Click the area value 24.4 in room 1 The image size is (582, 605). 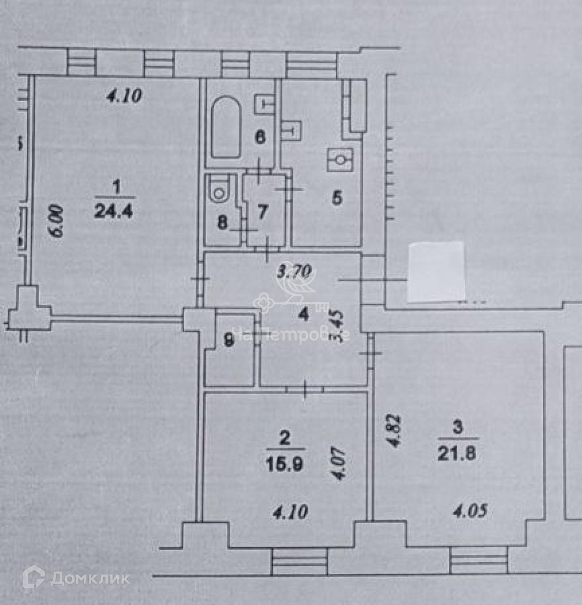(113, 210)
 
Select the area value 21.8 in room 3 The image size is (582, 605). (457, 454)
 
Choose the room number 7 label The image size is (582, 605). (262, 212)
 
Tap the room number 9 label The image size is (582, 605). (229, 340)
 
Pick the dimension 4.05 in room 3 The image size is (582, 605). (470, 511)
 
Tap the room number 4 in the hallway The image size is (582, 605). (303, 314)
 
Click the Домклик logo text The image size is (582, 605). (90, 578)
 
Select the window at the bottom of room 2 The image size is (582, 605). (300, 561)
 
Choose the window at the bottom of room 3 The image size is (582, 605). (479, 560)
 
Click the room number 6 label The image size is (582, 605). (260, 138)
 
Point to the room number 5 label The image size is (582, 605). (337, 198)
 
